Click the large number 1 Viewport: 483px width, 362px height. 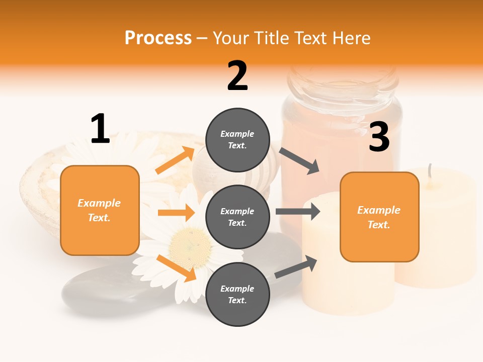(x=100, y=129)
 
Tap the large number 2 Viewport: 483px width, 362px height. (x=237, y=76)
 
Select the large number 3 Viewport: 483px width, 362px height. (x=379, y=137)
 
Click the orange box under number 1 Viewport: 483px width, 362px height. (x=100, y=210)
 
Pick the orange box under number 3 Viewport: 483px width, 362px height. (x=379, y=217)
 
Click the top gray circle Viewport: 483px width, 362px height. (x=237, y=140)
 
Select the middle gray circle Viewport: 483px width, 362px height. (x=237, y=217)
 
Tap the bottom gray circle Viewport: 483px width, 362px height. (x=237, y=294)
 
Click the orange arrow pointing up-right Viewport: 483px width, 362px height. (x=175, y=160)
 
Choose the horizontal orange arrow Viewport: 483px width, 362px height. (x=176, y=213)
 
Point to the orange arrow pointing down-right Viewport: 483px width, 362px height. (x=177, y=268)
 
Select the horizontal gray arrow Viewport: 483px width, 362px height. (x=298, y=212)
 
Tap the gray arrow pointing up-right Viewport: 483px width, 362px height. (x=296, y=267)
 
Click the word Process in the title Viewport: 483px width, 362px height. (x=158, y=38)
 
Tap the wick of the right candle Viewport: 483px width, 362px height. (x=430, y=171)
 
